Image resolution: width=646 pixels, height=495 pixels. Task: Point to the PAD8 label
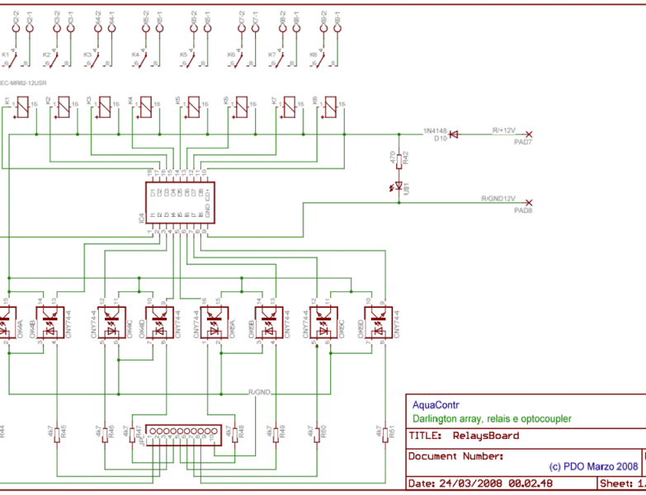tap(523, 210)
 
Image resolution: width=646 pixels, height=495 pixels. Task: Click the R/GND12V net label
tap(497, 199)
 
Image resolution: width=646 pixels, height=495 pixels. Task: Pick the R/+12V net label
tap(503, 130)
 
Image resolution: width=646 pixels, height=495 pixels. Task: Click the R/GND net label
tap(260, 392)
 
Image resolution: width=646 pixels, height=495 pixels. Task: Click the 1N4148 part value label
tap(434, 130)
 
